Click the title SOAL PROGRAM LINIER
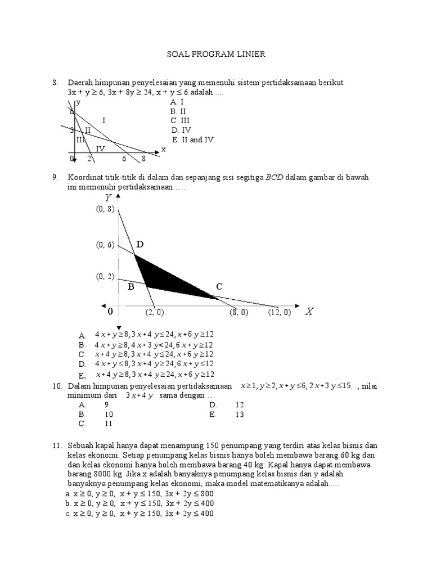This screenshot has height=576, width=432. pyautogui.click(x=216, y=54)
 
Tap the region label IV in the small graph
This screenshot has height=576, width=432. pyautogui.click(x=100, y=148)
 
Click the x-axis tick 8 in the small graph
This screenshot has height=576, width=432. pyautogui.click(x=143, y=159)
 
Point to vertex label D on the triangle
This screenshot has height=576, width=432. pyautogui.click(x=139, y=245)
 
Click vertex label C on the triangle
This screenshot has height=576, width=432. pyautogui.click(x=219, y=287)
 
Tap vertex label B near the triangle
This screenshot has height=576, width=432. pyautogui.click(x=130, y=287)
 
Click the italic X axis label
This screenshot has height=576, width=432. pyautogui.click(x=309, y=312)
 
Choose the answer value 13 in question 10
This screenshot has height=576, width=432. pyautogui.click(x=240, y=414)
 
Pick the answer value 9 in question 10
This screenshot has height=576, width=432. pyautogui.click(x=106, y=404)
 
